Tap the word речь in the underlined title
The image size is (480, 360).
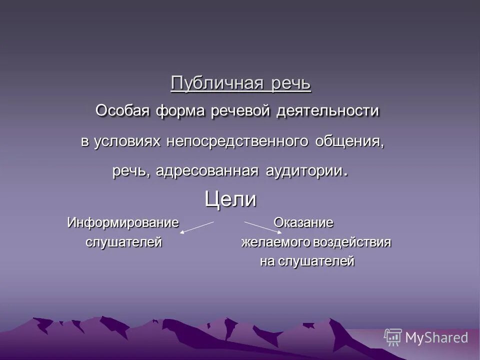291,82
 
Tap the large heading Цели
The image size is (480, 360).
230,200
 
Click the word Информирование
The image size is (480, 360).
123,222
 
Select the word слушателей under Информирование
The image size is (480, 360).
123,242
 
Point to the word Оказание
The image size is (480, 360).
303,222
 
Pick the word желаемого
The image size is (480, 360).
276,242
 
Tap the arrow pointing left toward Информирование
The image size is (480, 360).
197,227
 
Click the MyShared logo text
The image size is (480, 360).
436,337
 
